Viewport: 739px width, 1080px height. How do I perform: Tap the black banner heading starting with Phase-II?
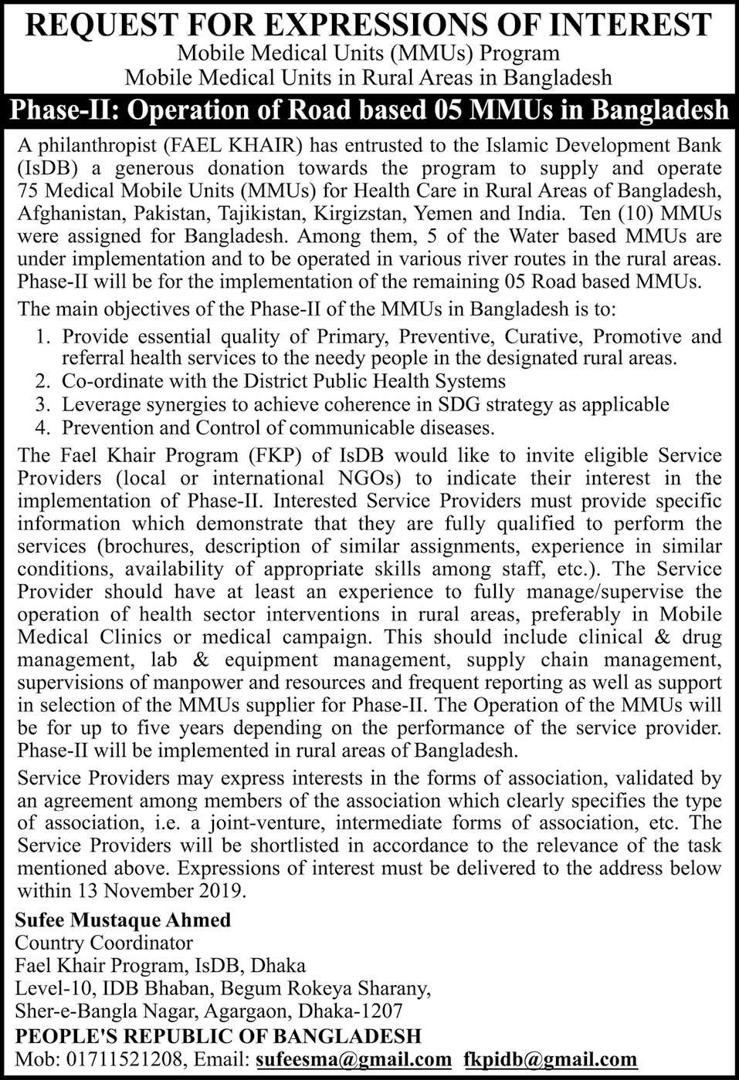369,110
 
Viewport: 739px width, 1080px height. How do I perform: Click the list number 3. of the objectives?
44,404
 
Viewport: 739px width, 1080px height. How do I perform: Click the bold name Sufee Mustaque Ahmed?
124,920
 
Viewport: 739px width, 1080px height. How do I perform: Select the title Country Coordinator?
104,943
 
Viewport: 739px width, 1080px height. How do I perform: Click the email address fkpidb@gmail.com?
551,1060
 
